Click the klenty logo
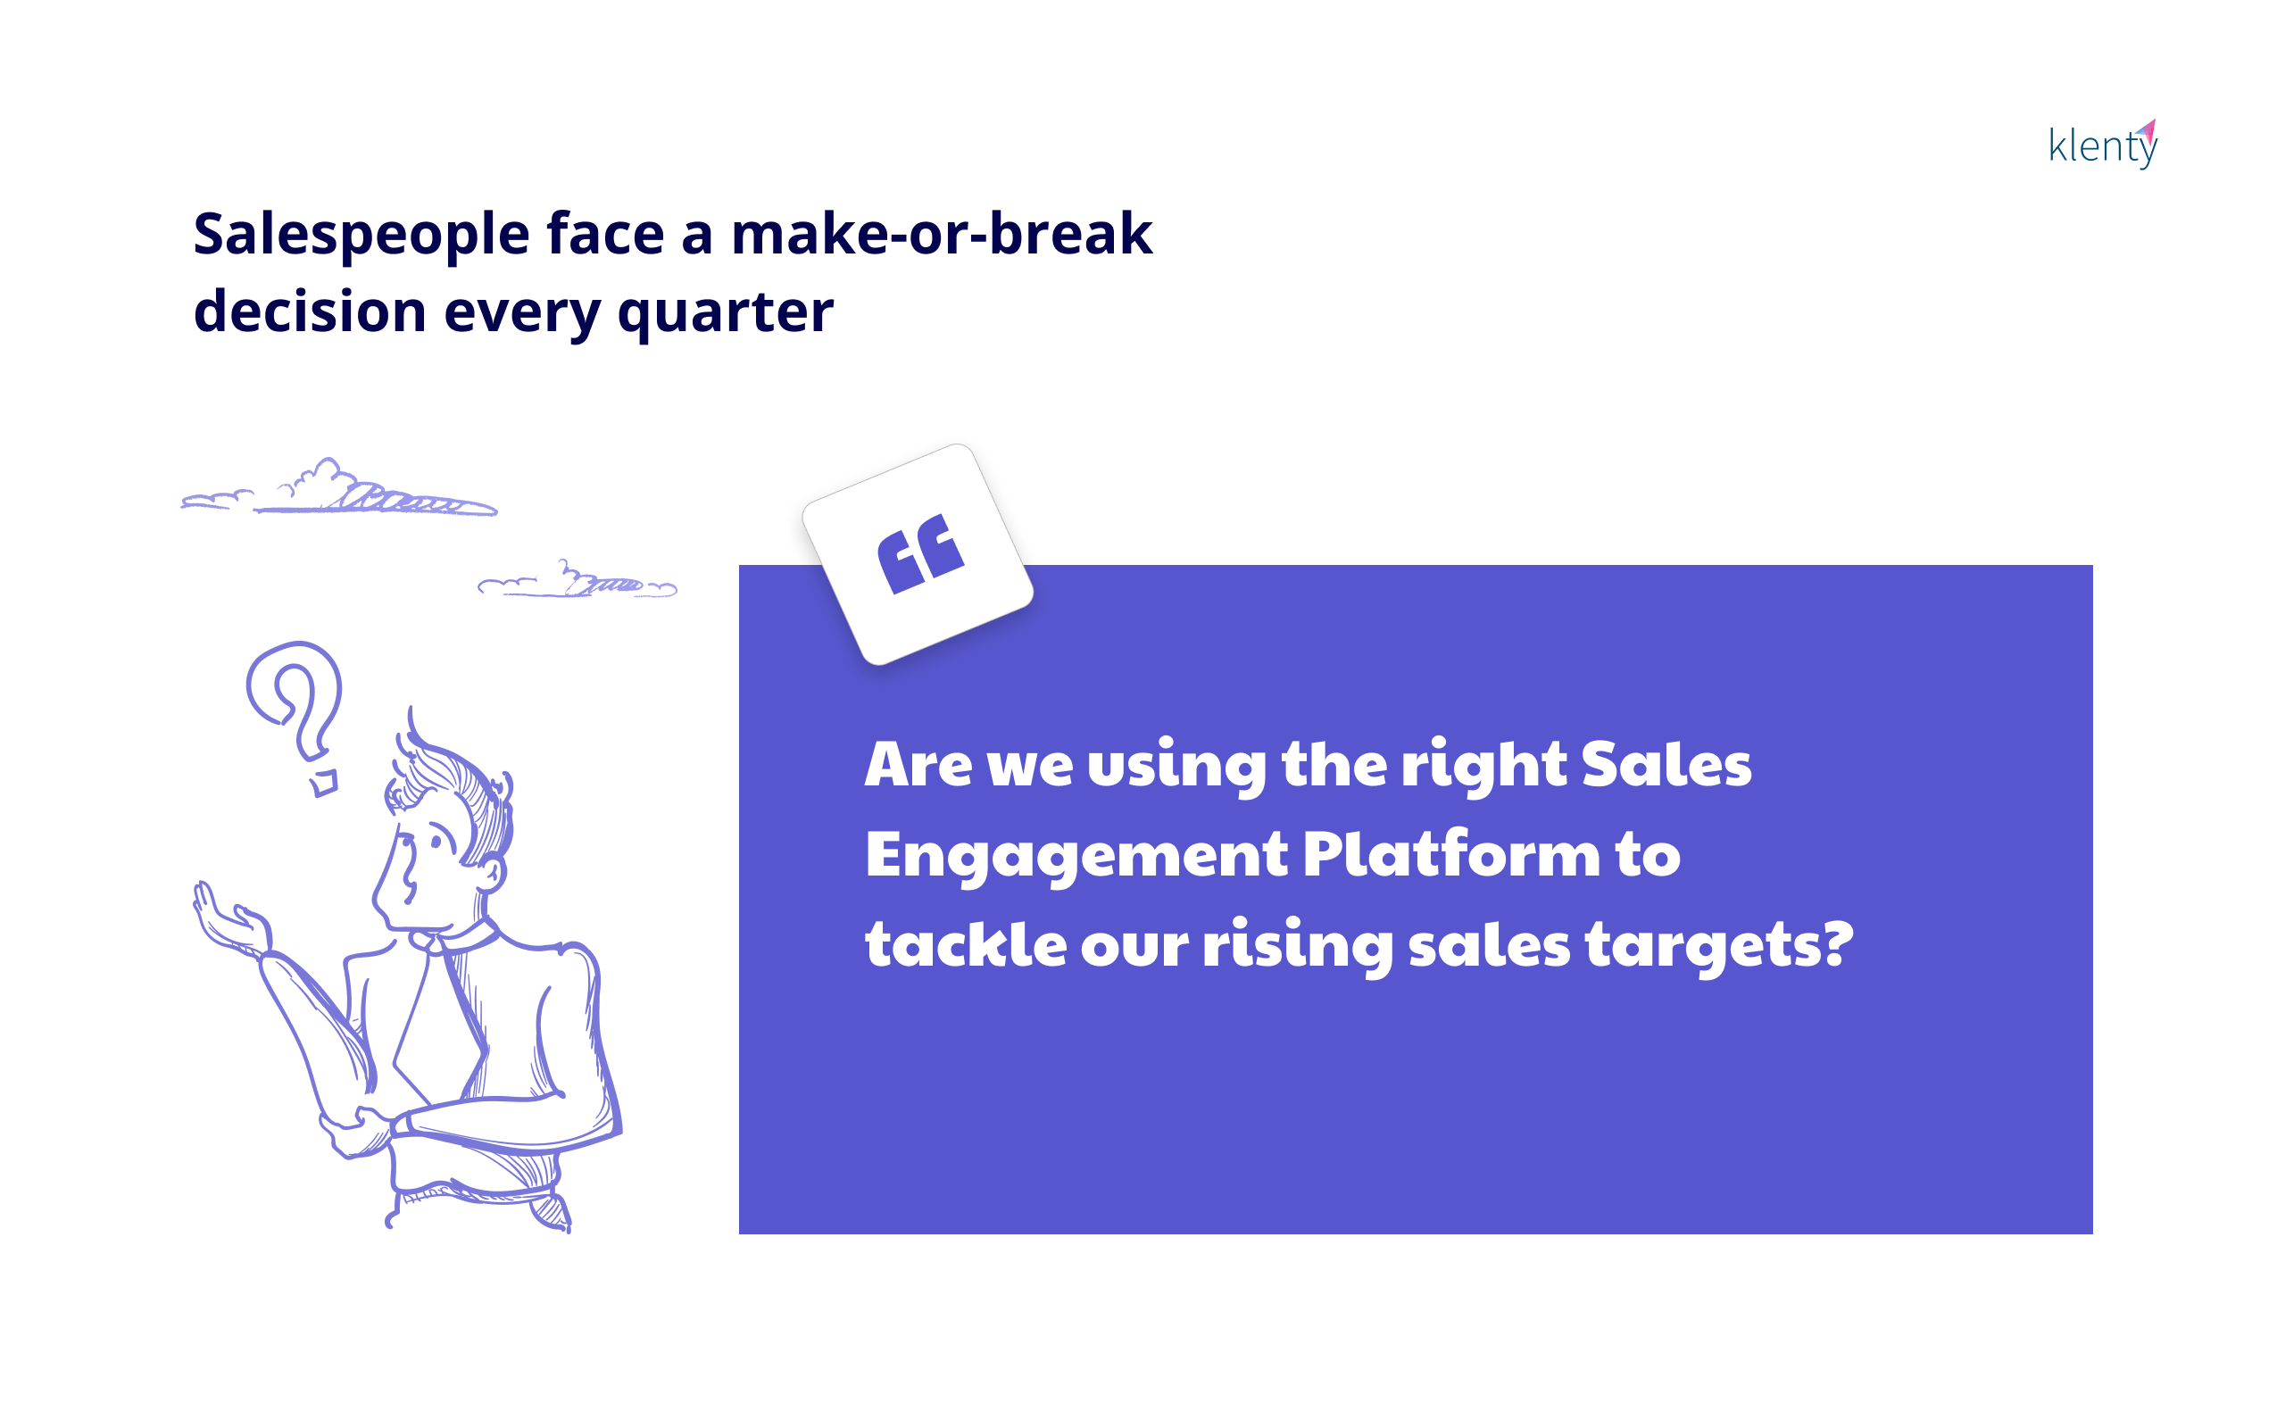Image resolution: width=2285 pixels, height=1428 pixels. (2103, 145)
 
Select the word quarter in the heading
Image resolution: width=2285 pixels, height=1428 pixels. (725, 312)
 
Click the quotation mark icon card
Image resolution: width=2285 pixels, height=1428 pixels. (918, 554)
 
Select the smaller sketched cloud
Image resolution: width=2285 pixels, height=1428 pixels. (577, 580)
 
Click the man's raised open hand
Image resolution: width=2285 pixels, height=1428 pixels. (231, 920)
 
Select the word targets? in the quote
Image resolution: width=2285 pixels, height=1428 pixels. (1719, 945)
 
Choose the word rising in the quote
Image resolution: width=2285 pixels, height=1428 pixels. (1297, 945)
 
